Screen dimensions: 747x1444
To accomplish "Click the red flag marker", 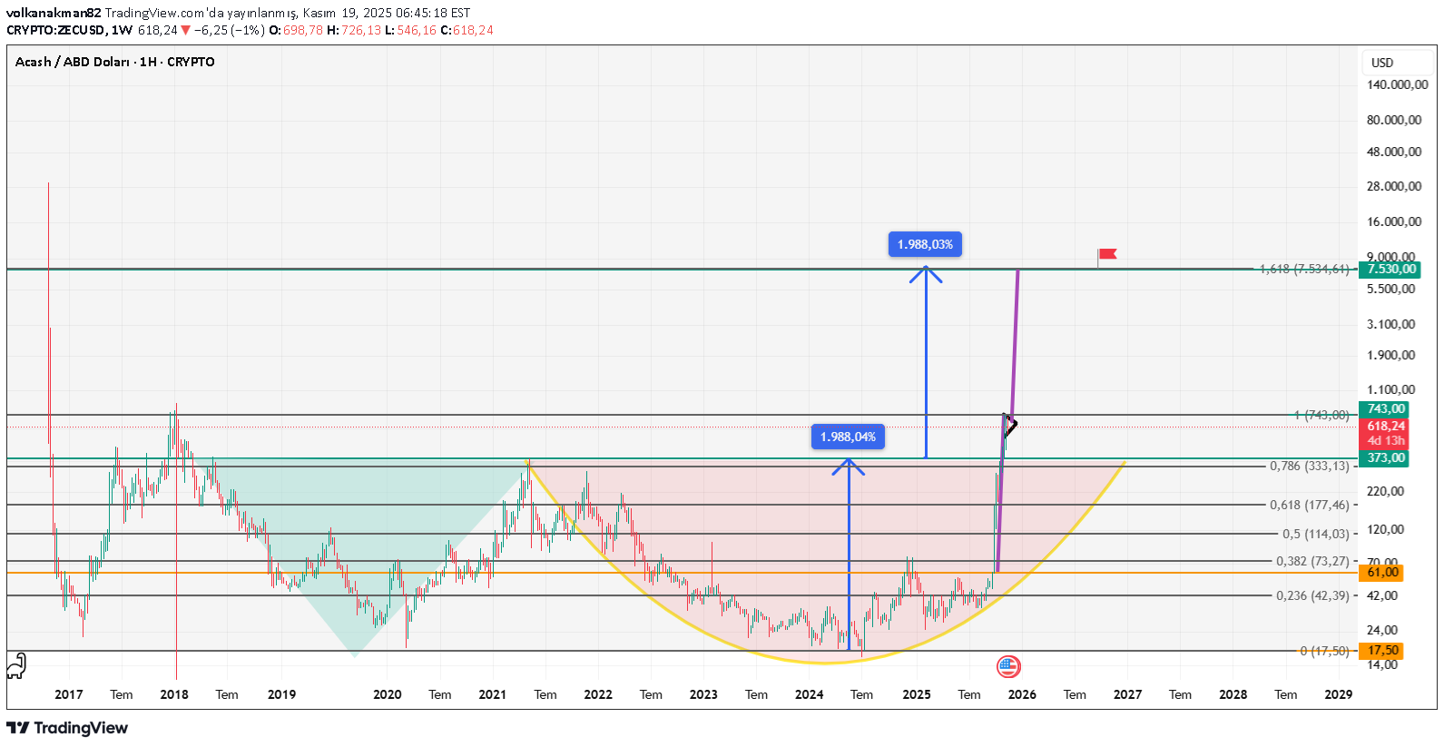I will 1106,255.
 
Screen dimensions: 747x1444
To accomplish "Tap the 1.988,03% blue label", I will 925,244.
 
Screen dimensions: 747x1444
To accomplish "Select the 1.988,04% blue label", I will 848,437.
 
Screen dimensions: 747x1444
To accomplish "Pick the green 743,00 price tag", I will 1385,409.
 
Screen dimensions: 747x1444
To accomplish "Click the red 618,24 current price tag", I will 1385,426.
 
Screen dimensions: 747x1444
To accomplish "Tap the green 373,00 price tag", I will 1385,457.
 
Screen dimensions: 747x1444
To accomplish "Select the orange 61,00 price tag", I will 1382,572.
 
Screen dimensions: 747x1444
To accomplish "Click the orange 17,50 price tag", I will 1382,651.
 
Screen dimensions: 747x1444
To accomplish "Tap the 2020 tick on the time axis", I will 388,694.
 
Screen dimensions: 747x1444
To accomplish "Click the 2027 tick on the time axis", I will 1127,694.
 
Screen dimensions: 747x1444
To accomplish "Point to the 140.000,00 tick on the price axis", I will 1397,84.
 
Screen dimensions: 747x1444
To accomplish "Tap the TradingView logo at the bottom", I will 67,728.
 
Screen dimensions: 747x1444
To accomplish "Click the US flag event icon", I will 1008,667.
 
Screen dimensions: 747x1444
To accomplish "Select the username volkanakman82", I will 54,13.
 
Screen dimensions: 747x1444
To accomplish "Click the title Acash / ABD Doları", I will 72,62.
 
